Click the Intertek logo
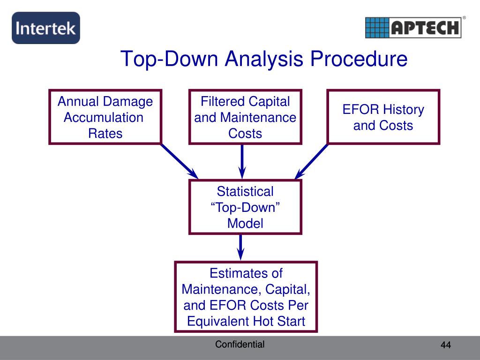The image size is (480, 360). pyautogui.click(x=45, y=28)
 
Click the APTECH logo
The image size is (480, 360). pyautogui.click(x=413, y=27)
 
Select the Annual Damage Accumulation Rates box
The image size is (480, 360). pyautogui.click(x=105, y=117)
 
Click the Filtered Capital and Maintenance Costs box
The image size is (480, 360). pyautogui.click(x=245, y=117)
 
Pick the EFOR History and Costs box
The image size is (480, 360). pyautogui.click(x=383, y=117)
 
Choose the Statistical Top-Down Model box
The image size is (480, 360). pyautogui.click(x=245, y=207)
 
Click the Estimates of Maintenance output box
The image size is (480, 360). pyautogui.click(x=246, y=297)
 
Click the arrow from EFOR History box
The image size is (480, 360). pyautogui.click(x=311, y=161)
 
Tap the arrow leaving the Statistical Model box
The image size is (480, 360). pyautogui.click(x=240, y=247)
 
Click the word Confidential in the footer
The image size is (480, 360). pyautogui.click(x=240, y=345)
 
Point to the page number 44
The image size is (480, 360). pyautogui.click(x=445, y=345)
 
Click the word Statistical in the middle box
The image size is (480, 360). pyautogui.click(x=245, y=191)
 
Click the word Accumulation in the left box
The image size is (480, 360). pyautogui.click(x=103, y=117)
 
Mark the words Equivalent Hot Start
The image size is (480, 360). pyautogui.click(x=246, y=321)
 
